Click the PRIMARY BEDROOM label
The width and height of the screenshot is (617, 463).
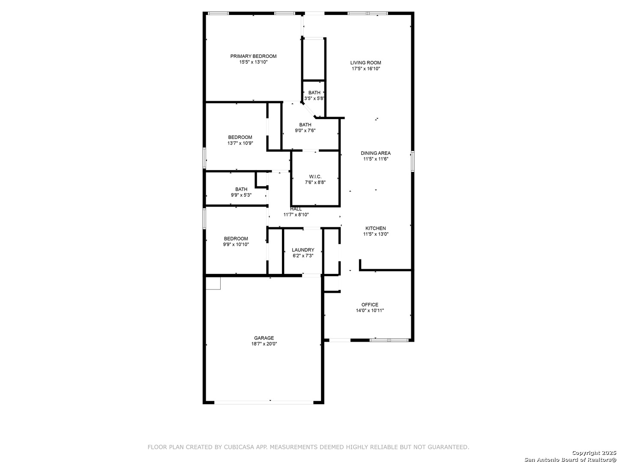coord(253,56)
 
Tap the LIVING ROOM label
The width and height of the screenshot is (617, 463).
coord(365,63)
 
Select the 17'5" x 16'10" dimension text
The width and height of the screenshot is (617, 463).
coord(366,69)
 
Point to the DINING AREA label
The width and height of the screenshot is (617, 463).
coord(375,153)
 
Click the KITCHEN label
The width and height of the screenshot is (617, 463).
coord(375,228)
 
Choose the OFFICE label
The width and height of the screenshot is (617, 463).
coord(370,305)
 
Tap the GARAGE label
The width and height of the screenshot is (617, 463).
coord(264,338)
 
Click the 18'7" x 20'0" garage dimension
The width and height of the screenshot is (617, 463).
coord(264,344)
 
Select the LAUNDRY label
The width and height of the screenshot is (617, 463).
coord(303,250)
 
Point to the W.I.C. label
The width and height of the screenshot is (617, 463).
coord(315,177)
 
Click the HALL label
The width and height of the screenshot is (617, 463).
coord(296,209)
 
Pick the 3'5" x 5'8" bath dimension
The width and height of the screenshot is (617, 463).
coord(314,99)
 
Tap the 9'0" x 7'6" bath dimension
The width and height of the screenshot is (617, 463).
coord(305,130)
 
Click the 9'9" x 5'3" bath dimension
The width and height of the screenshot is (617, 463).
coord(241,195)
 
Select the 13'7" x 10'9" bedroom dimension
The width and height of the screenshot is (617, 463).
coord(240,143)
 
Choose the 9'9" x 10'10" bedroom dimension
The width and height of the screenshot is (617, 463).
coord(236,244)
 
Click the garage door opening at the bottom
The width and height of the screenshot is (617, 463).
coord(264,403)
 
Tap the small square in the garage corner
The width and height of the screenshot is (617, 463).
coord(213,283)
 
